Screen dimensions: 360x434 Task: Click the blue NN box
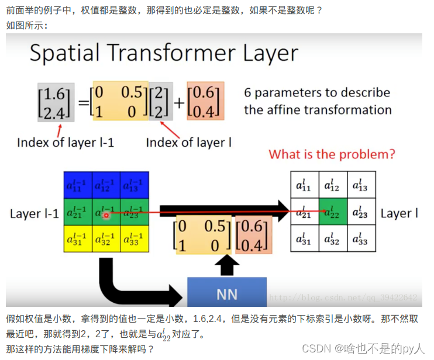(226, 292)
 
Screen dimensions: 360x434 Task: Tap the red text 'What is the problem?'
(332, 154)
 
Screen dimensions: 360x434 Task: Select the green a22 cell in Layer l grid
(333, 213)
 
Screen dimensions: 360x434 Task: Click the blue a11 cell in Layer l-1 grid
(77, 186)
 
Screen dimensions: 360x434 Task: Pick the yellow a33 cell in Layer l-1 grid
(135, 240)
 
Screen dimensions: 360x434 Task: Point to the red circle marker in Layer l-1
(106, 216)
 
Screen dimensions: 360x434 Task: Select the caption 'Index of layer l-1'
(66, 143)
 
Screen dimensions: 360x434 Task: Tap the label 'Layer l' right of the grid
(399, 213)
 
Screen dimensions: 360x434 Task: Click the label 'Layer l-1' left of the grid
(35, 214)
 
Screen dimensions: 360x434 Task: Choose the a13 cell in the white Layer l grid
(361, 186)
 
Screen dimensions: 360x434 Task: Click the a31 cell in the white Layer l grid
(305, 240)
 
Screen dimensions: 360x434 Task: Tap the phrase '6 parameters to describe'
(317, 93)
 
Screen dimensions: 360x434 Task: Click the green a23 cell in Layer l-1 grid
(135, 213)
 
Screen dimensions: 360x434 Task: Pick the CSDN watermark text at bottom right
(363, 348)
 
